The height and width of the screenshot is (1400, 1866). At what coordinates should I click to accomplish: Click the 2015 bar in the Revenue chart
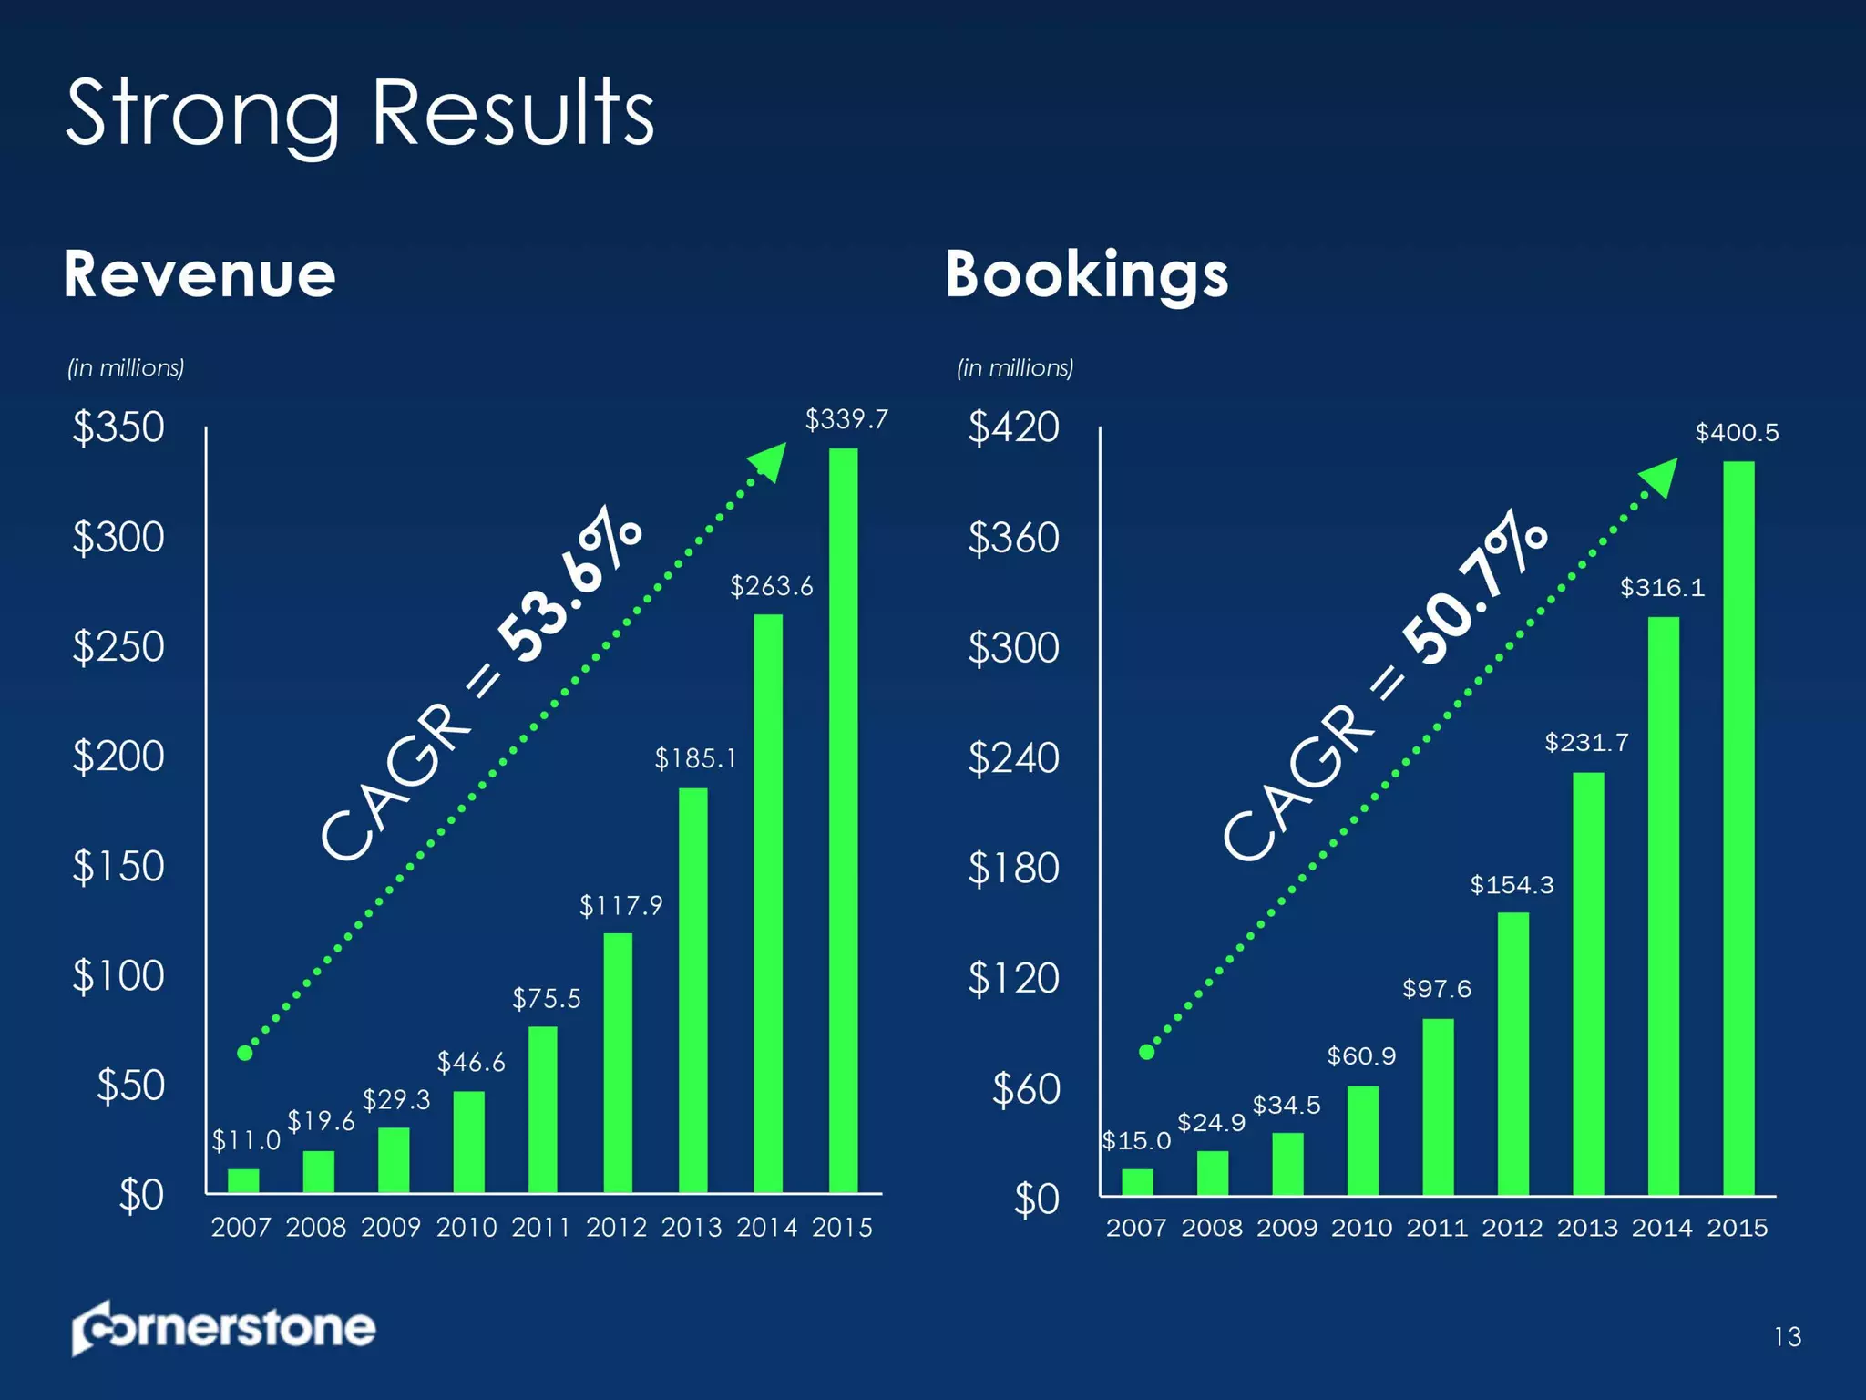(843, 820)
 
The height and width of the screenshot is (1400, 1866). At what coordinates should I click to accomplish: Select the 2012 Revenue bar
(618, 1063)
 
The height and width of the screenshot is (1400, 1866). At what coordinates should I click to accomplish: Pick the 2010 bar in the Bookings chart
(1362, 1140)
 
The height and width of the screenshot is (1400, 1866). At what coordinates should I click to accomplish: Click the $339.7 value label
(846, 419)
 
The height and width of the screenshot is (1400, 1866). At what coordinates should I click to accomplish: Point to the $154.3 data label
(1512, 884)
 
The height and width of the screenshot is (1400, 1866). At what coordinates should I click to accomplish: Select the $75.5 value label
(546, 999)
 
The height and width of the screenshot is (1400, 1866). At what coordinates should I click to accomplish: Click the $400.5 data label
(1737, 432)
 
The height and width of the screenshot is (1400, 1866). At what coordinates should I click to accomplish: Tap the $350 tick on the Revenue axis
(118, 427)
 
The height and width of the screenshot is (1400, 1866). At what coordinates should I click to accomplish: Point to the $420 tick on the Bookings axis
(1013, 427)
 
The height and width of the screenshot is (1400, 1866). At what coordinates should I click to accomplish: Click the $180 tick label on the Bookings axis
(1013, 868)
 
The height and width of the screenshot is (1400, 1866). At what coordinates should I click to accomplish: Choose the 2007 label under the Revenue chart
(241, 1228)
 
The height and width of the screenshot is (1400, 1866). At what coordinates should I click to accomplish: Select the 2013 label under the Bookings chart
(1587, 1228)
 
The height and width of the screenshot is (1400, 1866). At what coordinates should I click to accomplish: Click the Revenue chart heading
(200, 274)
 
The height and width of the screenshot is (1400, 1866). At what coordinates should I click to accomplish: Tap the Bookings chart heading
(1087, 274)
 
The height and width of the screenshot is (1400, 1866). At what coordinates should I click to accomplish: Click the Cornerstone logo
(223, 1328)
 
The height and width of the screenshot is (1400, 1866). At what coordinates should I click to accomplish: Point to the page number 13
(1787, 1337)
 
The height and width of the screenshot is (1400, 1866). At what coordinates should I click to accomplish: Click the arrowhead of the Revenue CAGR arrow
(770, 460)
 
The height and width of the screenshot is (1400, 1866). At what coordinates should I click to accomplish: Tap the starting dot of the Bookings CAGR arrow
(1147, 1052)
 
